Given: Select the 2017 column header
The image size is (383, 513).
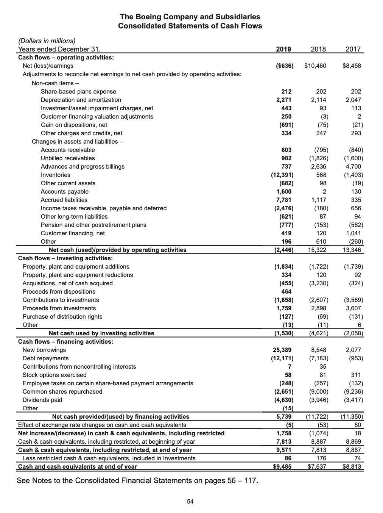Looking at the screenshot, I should [x=353, y=49].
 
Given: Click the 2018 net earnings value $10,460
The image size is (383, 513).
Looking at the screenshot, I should [x=315, y=66].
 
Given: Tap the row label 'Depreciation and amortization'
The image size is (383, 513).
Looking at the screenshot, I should [x=81, y=100].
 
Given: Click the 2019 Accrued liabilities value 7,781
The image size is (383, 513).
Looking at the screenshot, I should [x=284, y=200].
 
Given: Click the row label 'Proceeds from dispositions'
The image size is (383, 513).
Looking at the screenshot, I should [x=59, y=291].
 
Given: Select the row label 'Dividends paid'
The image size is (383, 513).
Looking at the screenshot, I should [x=42, y=400].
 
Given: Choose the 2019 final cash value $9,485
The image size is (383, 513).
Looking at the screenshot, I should [x=282, y=466].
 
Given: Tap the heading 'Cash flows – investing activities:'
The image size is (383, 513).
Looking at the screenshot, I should [x=65, y=258].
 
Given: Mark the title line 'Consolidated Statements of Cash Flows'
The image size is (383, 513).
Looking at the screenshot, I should [x=190, y=26].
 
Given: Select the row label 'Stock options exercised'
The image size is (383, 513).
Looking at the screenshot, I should [x=54, y=375].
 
